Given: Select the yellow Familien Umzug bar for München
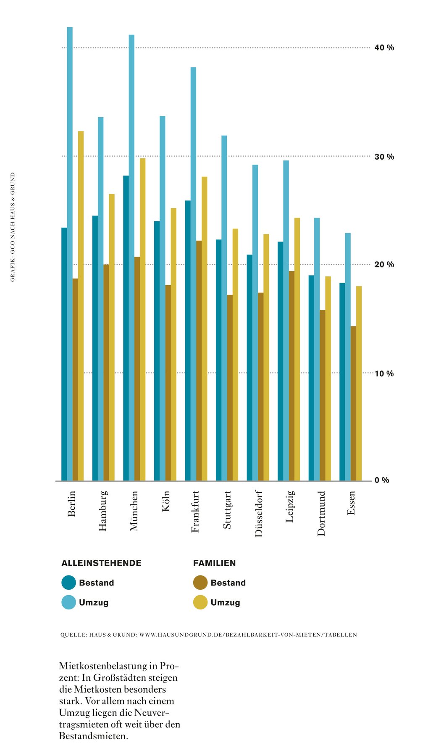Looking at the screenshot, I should [x=142, y=319].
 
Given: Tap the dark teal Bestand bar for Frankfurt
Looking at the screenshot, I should [x=188, y=340].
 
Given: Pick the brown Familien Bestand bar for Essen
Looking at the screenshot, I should [x=353, y=403].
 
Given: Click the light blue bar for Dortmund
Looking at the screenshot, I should [x=317, y=349].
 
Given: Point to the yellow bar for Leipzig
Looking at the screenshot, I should [x=297, y=349].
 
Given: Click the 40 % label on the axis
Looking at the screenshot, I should [x=384, y=48].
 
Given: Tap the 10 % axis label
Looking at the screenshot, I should [x=384, y=373].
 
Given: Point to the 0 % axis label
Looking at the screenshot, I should [x=382, y=480].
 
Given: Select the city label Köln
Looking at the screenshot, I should [x=166, y=501].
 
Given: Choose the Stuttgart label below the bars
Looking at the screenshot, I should [x=227, y=509].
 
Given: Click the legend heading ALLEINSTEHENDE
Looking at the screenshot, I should [x=101, y=563].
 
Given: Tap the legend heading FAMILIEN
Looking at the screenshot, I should [x=214, y=563].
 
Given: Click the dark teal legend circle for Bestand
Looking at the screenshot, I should [x=68, y=583].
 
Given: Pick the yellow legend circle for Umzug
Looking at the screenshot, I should [x=200, y=602].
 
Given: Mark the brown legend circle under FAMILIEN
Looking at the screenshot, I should [x=200, y=583].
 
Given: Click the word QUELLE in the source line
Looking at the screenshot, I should [x=74, y=635].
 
